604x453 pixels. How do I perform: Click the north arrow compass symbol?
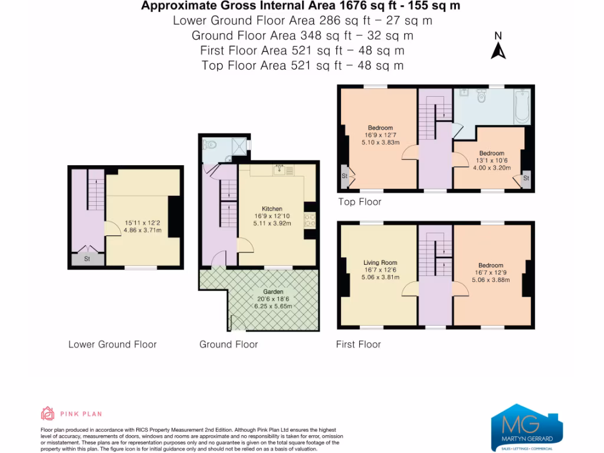coord(498,47)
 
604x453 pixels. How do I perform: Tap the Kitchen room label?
coord(272,209)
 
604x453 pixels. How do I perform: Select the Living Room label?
coord(380,263)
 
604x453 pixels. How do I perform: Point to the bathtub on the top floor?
coord(522,106)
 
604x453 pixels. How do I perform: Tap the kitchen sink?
coord(280,170)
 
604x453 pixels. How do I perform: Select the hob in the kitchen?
coord(310,219)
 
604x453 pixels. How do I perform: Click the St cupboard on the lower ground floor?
coord(86,258)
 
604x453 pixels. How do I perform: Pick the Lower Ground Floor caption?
coord(113,344)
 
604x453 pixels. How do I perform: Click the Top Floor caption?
coord(360,202)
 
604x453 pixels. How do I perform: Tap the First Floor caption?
coord(359,344)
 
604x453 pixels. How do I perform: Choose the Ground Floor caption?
coord(229,344)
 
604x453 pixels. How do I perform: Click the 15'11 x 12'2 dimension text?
coord(141,223)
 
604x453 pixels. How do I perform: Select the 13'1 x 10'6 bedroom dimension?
coord(491,160)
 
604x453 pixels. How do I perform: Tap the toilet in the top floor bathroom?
coord(482,96)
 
